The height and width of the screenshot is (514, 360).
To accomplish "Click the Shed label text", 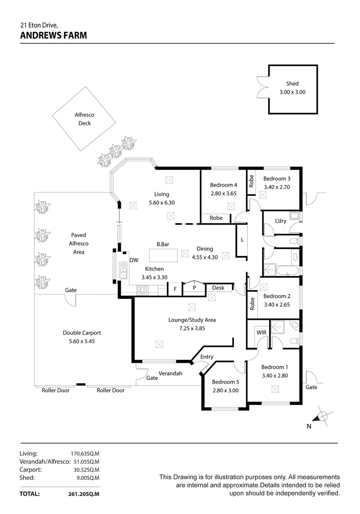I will click(292, 84).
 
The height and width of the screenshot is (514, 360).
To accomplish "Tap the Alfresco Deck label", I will click(85, 119).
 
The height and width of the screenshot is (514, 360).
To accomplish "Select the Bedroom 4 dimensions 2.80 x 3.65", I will click(224, 194).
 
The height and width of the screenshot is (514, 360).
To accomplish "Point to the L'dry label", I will click(281, 220).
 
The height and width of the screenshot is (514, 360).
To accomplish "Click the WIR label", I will click(262, 332).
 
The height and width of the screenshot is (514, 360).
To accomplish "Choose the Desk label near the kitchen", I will click(218, 288).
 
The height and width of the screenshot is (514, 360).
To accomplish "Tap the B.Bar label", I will click(163, 244).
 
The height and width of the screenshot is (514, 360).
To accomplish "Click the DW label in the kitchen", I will click(134, 260).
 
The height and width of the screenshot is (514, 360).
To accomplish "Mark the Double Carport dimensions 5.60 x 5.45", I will click(82, 342).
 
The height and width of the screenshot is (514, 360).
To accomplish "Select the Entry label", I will click(207, 357).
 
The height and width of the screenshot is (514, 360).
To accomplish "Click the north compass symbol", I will click(322, 417).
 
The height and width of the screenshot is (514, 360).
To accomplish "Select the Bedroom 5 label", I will click(225, 382).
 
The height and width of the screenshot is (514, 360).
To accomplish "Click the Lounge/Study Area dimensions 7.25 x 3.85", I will click(192, 328).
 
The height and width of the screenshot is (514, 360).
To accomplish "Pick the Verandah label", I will click(170, 374).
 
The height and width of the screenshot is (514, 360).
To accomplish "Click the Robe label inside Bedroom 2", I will click(252, 303).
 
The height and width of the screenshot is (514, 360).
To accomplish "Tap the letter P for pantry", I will click(195, 288).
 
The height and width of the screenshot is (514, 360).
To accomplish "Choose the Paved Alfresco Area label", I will click(79, 243).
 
